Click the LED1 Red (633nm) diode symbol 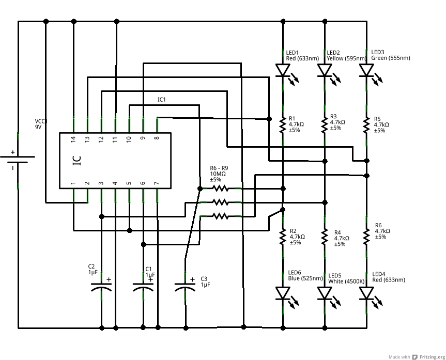[283, 70]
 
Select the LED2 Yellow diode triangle [325, 70]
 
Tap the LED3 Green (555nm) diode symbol [366, 70]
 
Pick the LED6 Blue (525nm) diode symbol [283, 293]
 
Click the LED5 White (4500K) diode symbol [325, 293]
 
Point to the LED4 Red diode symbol [366, 293]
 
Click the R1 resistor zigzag [283, 124]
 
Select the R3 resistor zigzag [325, 124]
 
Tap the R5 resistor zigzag [366, 124]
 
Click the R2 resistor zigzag [283, 237]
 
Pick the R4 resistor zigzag [325, 237]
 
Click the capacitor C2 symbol [101, 287]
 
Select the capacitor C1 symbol [143, 287]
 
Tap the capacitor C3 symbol [185, 287]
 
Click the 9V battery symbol [18, 160]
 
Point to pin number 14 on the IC [73, 139]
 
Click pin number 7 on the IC [156, 183]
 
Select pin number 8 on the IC [156, 139]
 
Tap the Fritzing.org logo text [432, 357]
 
